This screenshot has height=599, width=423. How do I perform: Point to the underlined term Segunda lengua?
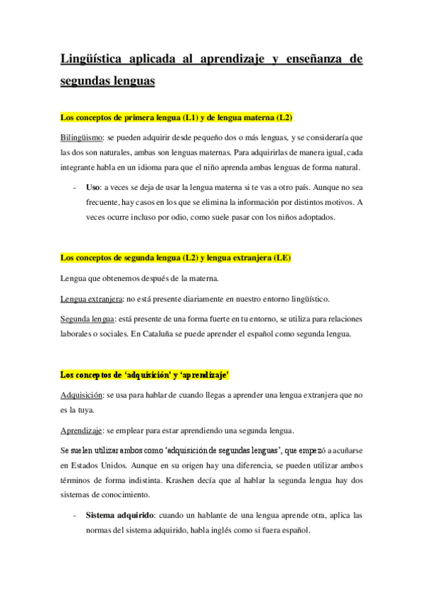click(x=85, y=319)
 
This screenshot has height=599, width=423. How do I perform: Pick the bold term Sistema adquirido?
click(x=117, y=516)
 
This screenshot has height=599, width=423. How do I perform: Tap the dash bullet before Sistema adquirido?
click(x=75, y=516)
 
